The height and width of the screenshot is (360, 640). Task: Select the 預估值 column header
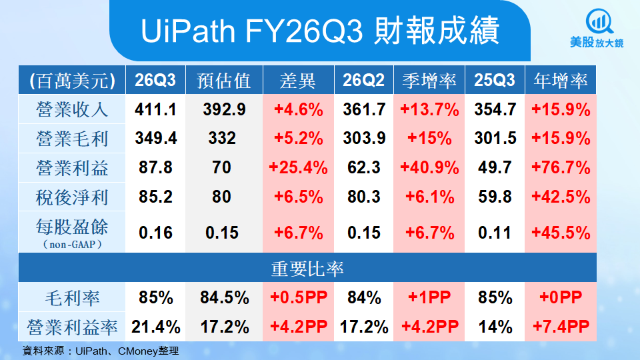pos(224,81)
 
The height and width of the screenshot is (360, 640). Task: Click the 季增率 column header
pos(429,81)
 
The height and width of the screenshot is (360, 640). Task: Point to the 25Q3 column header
pos(495,81)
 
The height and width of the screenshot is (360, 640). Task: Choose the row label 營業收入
pos(73,109)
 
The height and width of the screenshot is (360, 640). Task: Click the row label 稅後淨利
pos(73,197)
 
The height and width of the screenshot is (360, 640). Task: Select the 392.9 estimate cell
pos(224,109)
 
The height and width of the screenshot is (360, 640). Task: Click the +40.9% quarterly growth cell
pos(429,167)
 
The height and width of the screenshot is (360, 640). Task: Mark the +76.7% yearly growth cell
pos(561,167)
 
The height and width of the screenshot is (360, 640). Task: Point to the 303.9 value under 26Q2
pos(364,139)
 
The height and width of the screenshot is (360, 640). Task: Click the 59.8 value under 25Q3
pos(495,197)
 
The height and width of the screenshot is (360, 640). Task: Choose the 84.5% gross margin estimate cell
pos(224,297)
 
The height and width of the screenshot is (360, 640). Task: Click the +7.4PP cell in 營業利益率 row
pos(561,327)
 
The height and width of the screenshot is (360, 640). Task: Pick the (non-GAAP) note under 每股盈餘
pos(73,245)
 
